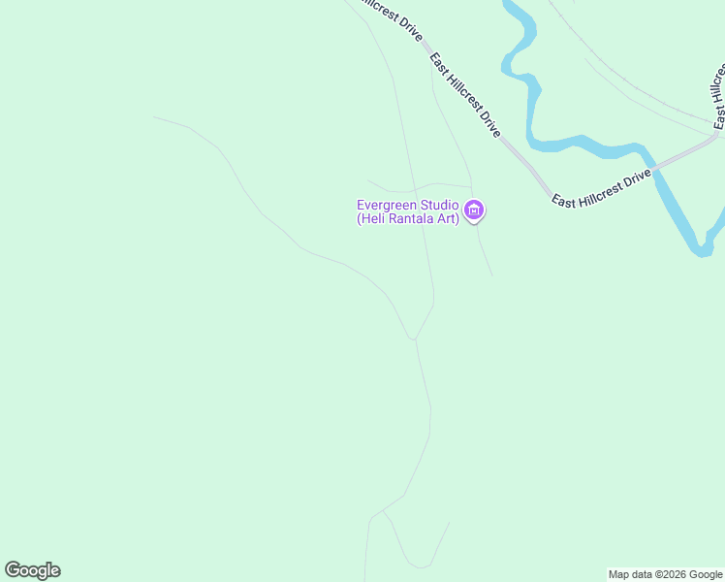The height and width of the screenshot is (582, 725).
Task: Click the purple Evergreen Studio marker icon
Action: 474,210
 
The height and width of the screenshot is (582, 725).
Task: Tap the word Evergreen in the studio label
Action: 385,205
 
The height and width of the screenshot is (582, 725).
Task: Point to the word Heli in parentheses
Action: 373,219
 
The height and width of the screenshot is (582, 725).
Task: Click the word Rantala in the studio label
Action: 412,219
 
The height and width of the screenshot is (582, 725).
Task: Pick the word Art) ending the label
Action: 447,219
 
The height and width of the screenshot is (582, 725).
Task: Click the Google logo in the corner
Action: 32,570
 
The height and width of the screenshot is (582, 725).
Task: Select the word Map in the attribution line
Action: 619,574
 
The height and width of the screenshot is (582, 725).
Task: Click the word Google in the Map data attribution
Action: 707,574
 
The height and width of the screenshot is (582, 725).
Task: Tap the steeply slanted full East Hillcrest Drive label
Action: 465,94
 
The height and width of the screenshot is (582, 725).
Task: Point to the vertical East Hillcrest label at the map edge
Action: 719,97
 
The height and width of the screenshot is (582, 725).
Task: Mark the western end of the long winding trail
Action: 154,117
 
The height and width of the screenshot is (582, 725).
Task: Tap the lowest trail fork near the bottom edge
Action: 384,511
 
